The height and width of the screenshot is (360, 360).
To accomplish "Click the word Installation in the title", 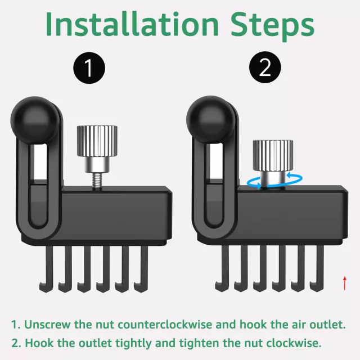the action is pyautogui.click(x=132, y=24).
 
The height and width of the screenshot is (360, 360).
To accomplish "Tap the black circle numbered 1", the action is pyautogui.click(x=89, y=67).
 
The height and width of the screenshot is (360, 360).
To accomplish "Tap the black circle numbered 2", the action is pyautogui.click(x=265, y=67).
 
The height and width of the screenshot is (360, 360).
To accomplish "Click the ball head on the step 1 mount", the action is pyautogui.click(x=34, y=120).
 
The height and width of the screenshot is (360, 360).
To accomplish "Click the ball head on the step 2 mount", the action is pyautogui.click(x=210, y=119).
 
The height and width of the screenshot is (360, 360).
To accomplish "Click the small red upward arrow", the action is pyautogui.click(x=345, y=283).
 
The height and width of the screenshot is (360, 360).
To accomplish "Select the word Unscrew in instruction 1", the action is pyautogui.click(x=47, y=325).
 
